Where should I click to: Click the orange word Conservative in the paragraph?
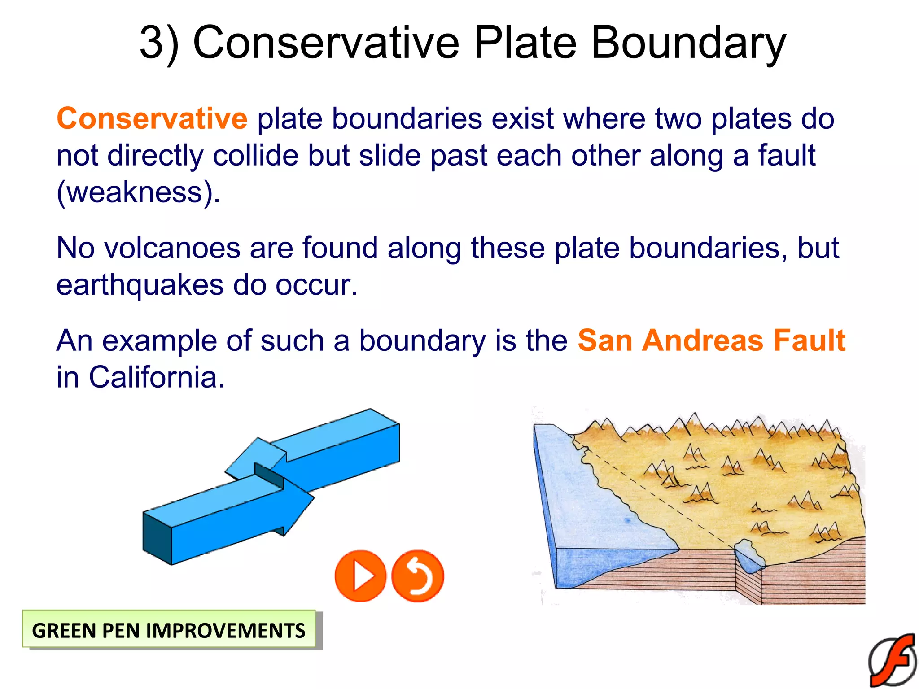152,119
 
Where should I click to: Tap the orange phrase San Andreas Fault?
711,340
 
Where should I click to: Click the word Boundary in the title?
688,43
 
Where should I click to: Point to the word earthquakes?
140,285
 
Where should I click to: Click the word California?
156,377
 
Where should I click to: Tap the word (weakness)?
138,192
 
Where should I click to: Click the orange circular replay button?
418,576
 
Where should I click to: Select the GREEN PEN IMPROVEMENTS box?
169,630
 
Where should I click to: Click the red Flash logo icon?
893,660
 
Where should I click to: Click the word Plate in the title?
525,43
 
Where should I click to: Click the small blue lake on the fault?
748,556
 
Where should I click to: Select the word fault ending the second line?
786,156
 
